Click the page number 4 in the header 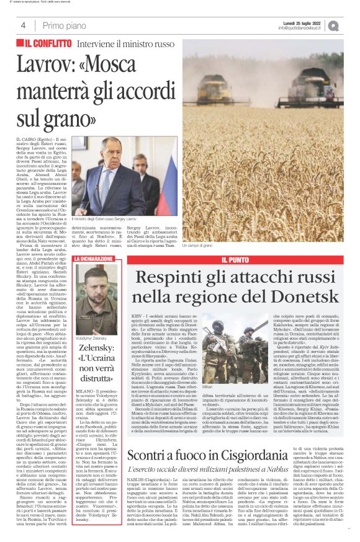point(24,25)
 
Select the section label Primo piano point(64,25)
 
